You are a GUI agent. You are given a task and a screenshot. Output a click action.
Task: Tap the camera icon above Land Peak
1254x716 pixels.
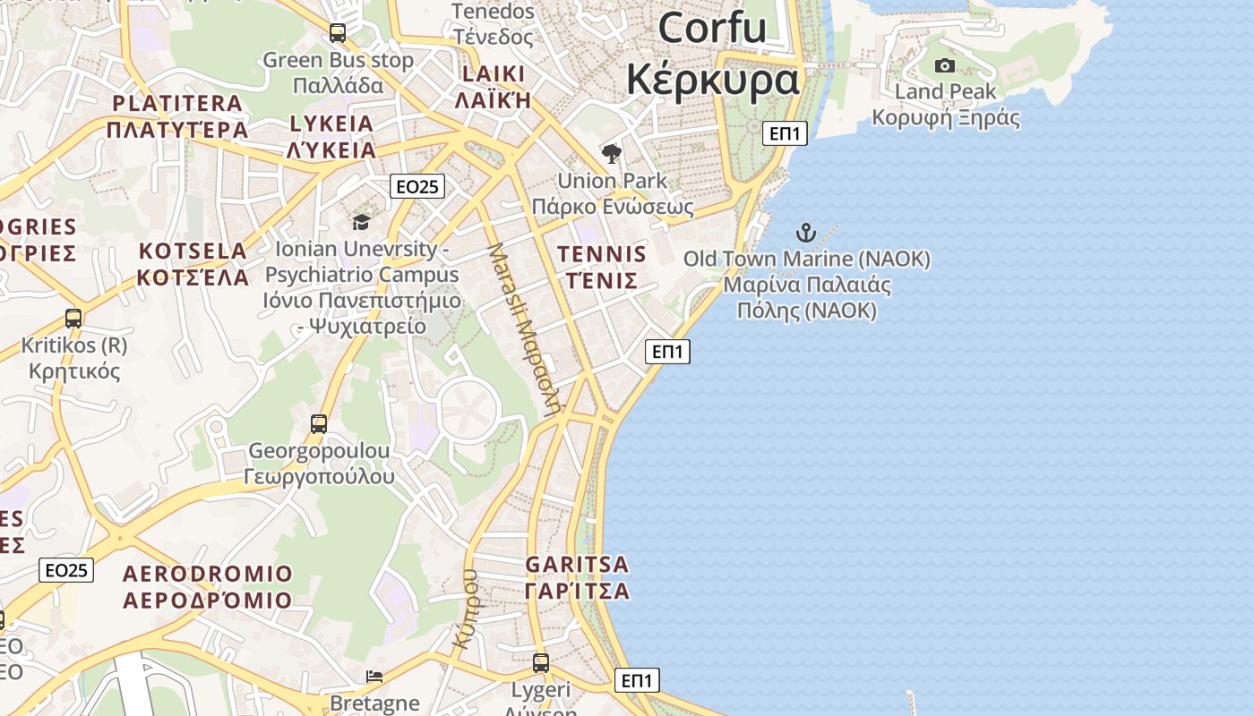[944, 65]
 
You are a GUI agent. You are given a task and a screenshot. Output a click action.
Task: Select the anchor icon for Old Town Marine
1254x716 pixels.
[806, 233]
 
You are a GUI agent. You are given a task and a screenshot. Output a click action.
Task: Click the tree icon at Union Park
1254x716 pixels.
[612, 154]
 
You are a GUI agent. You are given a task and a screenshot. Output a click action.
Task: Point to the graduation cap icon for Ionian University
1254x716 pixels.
[361, 222]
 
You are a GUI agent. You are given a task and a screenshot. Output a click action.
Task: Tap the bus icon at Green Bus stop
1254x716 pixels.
[338, 33]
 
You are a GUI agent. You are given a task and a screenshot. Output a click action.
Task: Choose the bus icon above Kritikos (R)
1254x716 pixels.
[73, 318]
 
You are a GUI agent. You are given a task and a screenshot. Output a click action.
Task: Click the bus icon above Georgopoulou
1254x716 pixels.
[319, 423]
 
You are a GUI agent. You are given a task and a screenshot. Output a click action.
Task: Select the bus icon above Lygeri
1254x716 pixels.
[541, 663]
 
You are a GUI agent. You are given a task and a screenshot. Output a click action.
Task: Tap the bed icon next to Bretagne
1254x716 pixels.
[374, 677]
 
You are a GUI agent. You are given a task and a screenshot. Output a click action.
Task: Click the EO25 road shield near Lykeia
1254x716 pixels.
[417, 186]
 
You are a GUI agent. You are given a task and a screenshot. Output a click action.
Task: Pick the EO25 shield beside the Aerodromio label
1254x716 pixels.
[66, 570]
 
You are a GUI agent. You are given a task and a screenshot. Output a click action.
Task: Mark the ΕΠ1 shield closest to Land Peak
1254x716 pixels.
[786, 134]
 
